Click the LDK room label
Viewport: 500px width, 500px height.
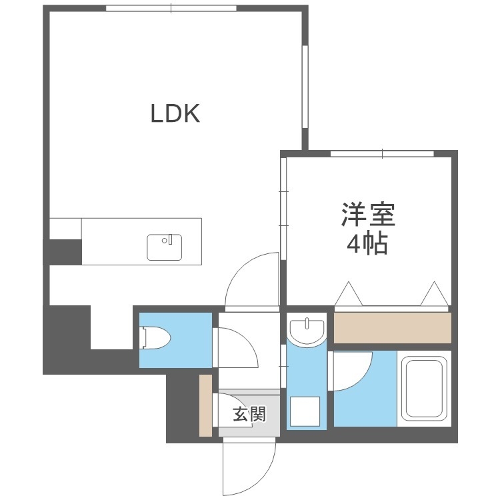pos(175,113)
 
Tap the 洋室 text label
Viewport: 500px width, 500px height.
pos(369,215)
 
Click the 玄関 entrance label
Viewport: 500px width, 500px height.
pos(249,415)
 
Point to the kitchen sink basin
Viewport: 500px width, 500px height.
pos(164,247)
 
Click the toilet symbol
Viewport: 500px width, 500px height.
pos(155,339)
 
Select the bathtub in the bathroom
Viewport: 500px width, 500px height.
pos(424,390)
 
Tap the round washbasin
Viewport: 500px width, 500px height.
pos(307,329)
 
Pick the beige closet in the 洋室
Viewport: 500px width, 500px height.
pos(392,328)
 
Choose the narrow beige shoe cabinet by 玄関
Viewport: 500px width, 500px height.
pos(205,405)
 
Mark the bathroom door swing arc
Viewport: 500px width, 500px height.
pos(352,371)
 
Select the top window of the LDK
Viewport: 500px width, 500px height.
pos(171,8)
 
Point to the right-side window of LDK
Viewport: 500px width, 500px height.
pos(305,85)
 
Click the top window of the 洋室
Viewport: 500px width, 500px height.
pos(382,155)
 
